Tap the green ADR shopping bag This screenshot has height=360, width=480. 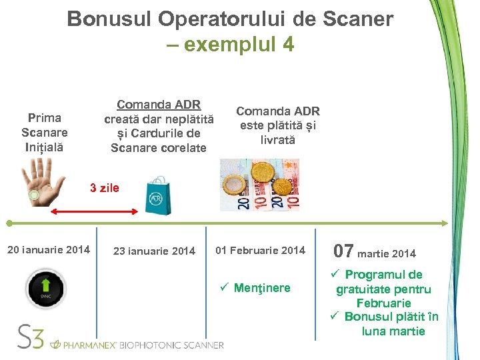coord(158,195)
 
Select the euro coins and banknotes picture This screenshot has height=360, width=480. coord(259,185)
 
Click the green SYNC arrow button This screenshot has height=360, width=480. coord(45,289)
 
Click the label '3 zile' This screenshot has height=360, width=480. coord(105,188)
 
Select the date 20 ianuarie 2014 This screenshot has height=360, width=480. coord(48,250)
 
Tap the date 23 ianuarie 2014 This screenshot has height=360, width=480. coord(154,251)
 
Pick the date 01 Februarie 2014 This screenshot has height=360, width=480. coord(260,251)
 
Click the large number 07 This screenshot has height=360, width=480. coord(343,251)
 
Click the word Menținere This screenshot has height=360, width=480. coord(262,288)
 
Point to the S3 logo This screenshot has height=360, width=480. coord(31,337)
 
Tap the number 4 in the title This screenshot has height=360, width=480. coord(287,44)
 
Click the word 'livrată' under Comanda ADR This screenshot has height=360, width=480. coord(278,140)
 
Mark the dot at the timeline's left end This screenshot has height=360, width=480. coord(9,223)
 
